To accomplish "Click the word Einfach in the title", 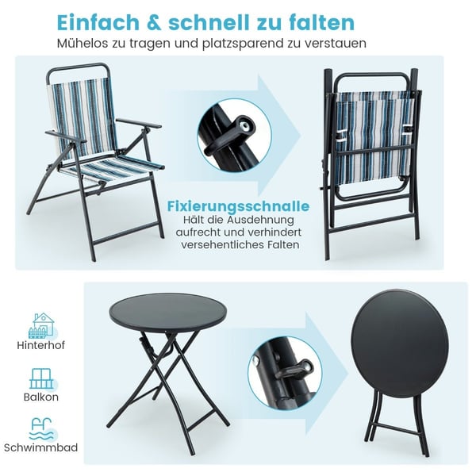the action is coord(98,22).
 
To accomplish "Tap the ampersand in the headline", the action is coord(154,22).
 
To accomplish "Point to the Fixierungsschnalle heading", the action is coord(238,206).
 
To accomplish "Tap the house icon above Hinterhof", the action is coord(41,325).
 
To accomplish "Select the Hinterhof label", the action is coord(41,345).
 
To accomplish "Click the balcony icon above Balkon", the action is coord(41,379).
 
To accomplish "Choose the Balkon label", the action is coord(41,397).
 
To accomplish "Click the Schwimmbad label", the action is coord(41,447).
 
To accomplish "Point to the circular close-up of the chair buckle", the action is coord(234,136).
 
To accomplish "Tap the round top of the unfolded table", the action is coord(168,312).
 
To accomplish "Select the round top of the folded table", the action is coord(400,340).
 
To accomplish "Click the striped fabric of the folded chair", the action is coord(374,140).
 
